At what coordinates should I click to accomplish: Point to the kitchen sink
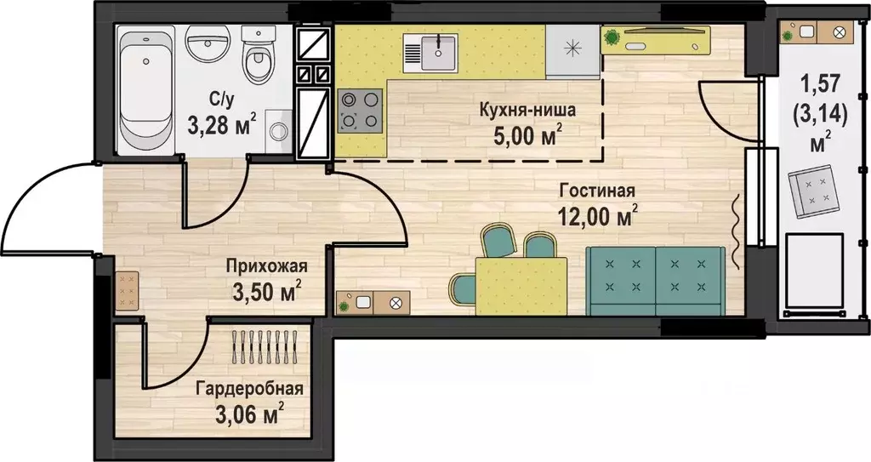tap(431, 53)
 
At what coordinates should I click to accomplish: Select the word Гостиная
tap(597, 191)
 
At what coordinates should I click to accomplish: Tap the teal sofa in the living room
tap(656, 282)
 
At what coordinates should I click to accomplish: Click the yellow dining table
tap(521, 287)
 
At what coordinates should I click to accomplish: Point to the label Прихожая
tap(266, 266)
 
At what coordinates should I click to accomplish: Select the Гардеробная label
tap(249, 388)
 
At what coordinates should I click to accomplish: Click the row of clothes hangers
tap(265, 347)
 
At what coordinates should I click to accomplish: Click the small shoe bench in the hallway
tap(127, 290)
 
